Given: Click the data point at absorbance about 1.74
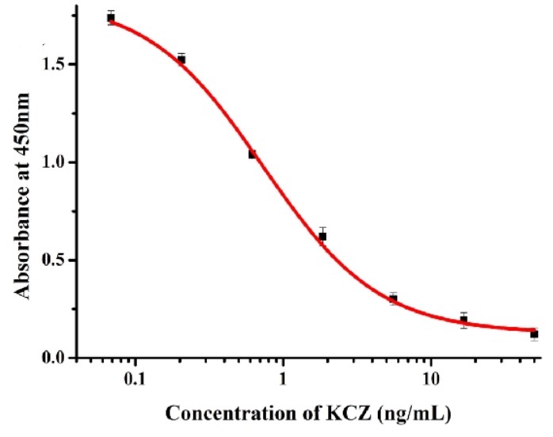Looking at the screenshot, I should pyautogui.click(x=111, y=17).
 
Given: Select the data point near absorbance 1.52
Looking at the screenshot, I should pyautogui.click(x=181, y=59).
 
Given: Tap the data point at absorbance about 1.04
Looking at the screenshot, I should pyautogui.click(x=252, y=154).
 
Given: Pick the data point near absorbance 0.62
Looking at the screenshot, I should pyautogui.click(x=322, y=236).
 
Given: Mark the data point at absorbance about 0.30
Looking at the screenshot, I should pyautogui.click(x=393, y=298).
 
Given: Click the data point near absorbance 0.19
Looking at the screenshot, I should pyautogui.click(x=463, y=320).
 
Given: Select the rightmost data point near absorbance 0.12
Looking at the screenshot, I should pyautogui.click(x=534, y=334).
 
